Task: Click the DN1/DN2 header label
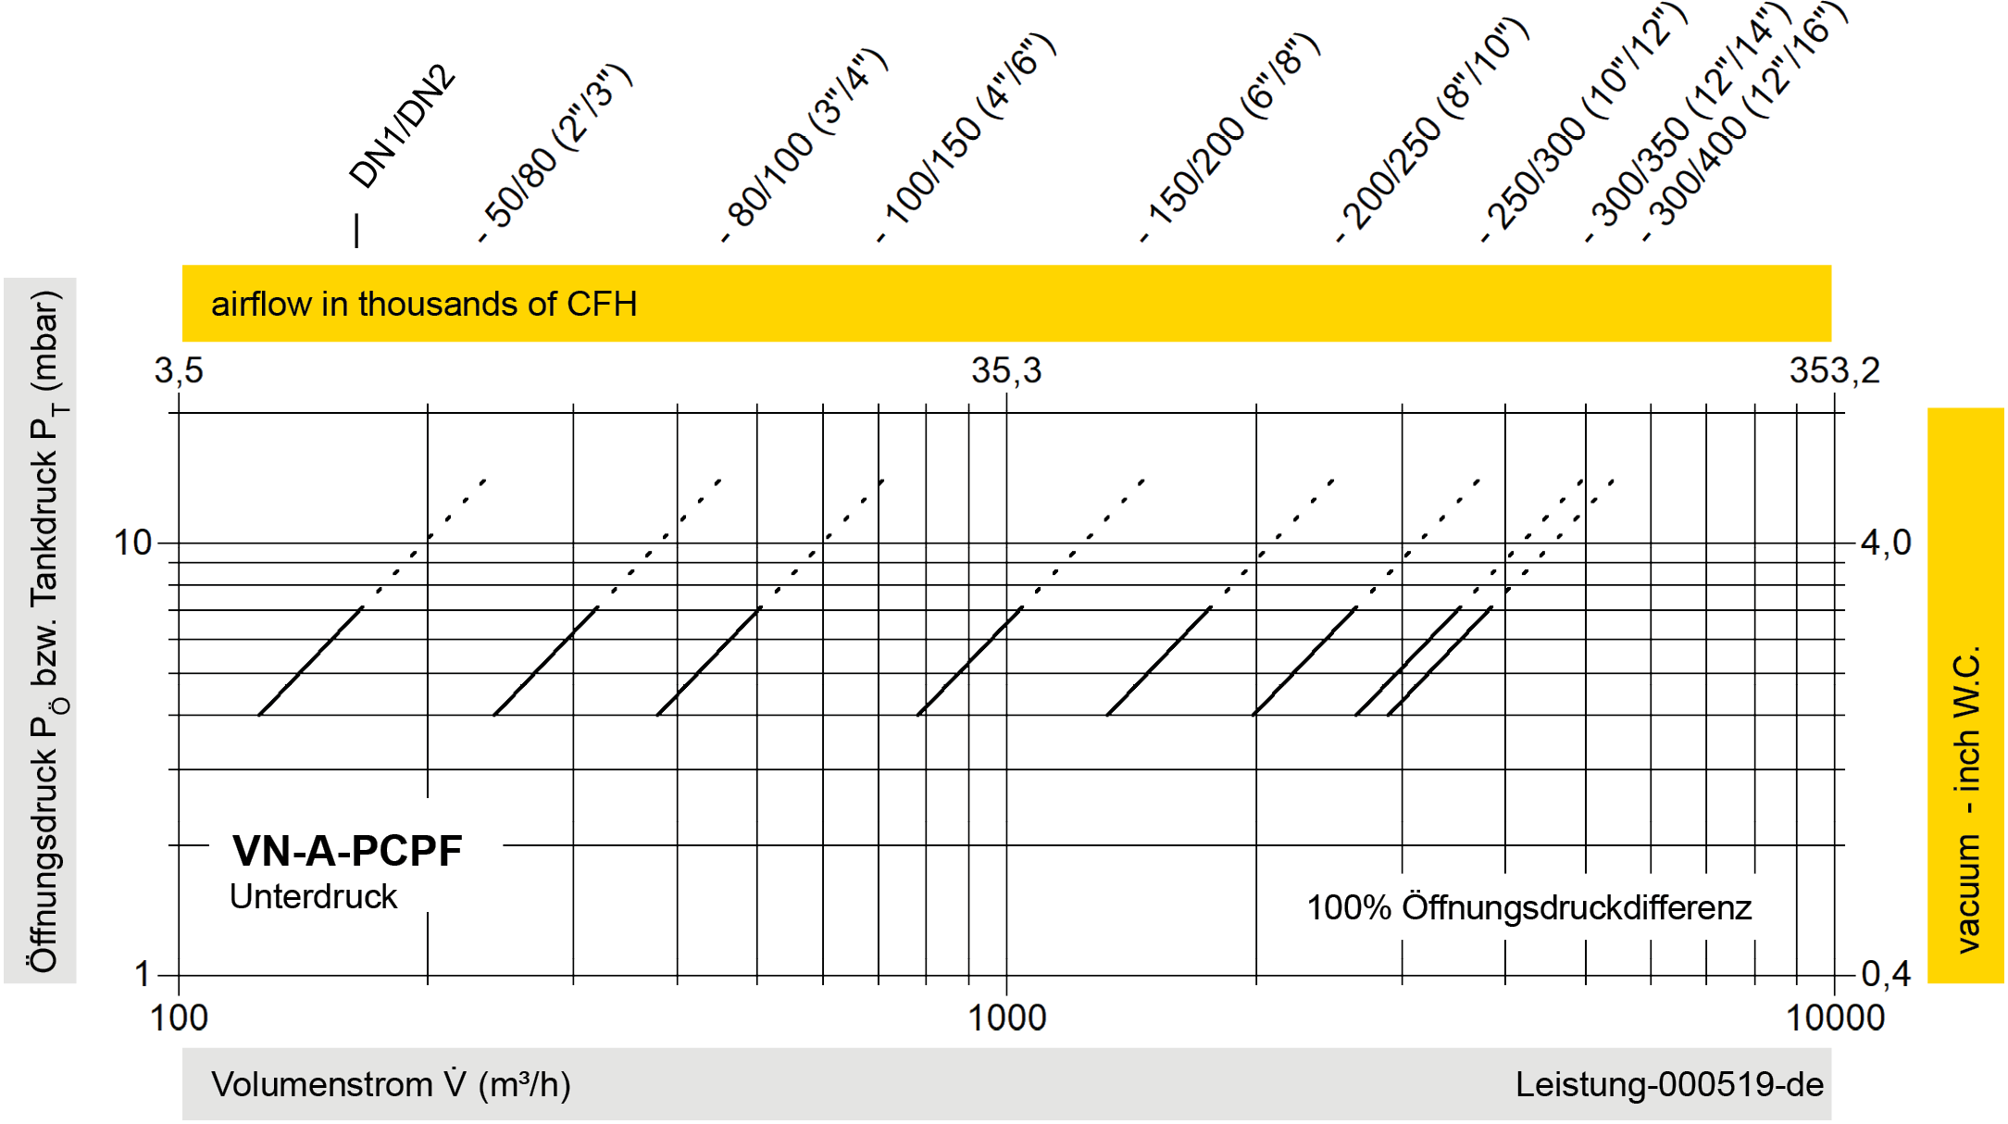click(404, 127)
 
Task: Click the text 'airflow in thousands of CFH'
click(424, 304)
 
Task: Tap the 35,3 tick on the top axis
click(1006, 371)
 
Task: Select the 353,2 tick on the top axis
click(1834, 371)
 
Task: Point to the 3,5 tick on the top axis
click(179, 371)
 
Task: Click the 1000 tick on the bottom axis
click(1006, 1018)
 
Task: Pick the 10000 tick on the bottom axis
click(1835, 1018)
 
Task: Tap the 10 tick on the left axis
click(132, 543)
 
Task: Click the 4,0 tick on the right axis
click(1886, 543)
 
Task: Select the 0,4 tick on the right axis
click(1886, 974)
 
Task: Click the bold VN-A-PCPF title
click(347, 851)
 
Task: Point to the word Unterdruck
click(314, 897)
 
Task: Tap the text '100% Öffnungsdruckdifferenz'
click(1528, 908)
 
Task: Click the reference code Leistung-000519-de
click(1669, 1084)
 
